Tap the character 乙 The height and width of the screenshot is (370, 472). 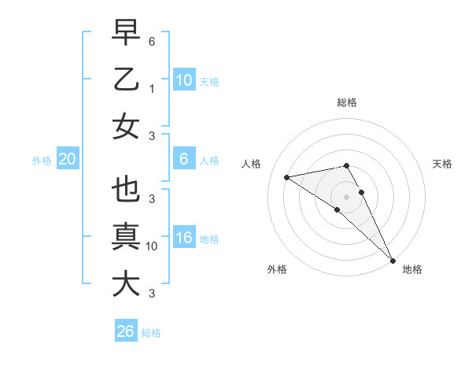coord(126,80)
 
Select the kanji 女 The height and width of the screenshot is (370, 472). coord(126,127)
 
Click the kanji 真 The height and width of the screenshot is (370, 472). coord(126,237)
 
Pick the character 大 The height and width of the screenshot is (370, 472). coord(126,284)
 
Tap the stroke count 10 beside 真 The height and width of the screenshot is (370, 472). coord(152,246)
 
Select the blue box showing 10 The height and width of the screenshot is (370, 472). coord(183,80)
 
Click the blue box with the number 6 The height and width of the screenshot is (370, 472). coord(183,159)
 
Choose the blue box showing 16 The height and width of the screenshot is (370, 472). coord(183,238)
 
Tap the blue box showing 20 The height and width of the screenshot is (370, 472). coord(67,159)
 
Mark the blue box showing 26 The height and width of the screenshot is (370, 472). coord(126,331)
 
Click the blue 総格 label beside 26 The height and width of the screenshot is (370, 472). coord(151,333)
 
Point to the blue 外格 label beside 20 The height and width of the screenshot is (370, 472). coord(42,161)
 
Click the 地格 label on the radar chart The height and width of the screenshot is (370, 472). coord(412,269)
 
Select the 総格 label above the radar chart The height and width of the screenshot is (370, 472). coord(347,102)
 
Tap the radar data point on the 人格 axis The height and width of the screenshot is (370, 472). coord(286,177)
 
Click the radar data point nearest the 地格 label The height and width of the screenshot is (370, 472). coord(392,260)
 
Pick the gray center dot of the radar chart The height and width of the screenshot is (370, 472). coord(347,196)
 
